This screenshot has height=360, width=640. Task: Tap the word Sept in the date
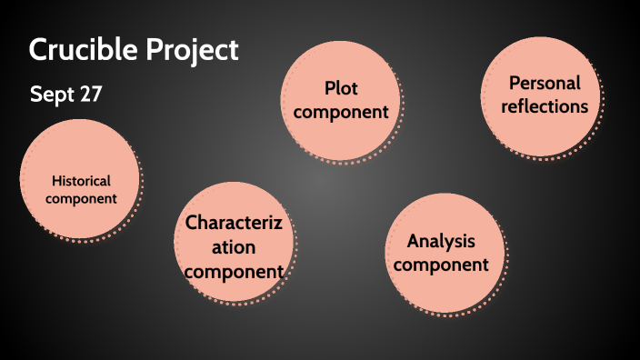point(50,95)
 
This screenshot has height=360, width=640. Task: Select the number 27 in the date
point(89,95)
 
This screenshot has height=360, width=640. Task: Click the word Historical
point(81,180)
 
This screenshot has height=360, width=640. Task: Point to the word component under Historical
point(81,198)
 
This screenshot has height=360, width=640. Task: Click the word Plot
point(341,88)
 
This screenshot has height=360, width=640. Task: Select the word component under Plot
point(341,112)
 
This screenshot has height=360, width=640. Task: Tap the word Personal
point(544,83)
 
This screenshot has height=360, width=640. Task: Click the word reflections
point(544,106)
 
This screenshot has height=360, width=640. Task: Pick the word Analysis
point(442,242)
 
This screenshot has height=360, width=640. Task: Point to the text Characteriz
point(234,223)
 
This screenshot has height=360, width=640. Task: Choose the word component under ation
point(234,270)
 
